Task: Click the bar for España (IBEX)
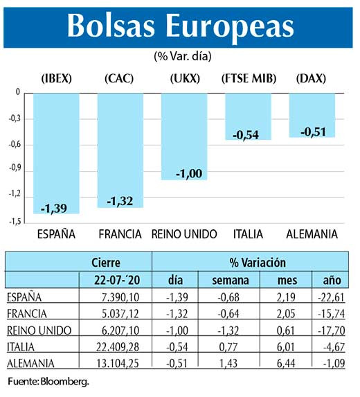point(56,152)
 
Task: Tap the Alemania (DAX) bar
point(312,115)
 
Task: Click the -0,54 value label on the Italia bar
point(246,135)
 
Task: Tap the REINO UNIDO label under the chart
point(184,233)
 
